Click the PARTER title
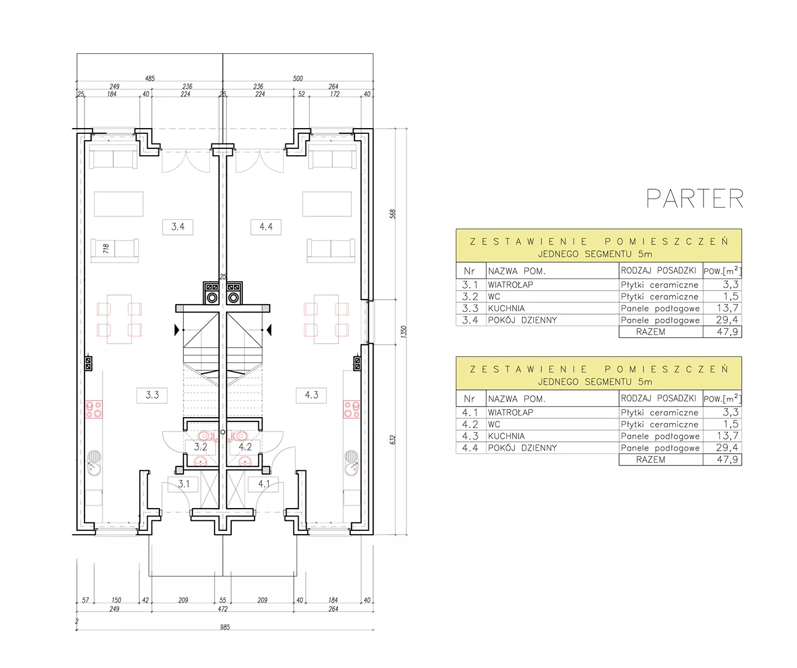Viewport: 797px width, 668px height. [694, 199]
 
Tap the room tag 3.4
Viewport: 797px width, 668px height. [177, 227]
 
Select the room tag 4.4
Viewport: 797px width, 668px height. [266, 227]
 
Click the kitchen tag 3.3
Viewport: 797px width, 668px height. [152, 395]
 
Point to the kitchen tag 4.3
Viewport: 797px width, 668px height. [311, 395]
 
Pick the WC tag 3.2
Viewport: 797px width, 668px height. [200, 447]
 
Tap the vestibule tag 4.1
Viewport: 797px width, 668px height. [264, 484]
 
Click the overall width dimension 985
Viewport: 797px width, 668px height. [225, 627]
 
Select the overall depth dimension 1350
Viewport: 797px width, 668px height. [404, 331]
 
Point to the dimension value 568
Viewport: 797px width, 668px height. [393, 214]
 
